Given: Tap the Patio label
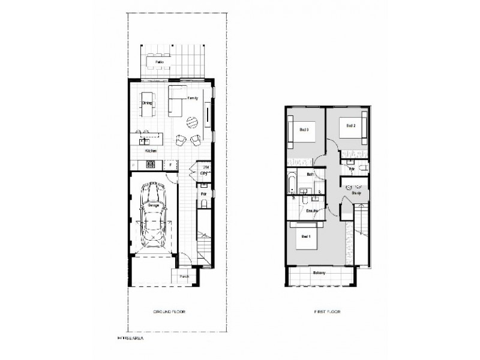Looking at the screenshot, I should tap(159, 62).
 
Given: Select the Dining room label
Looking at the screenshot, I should tap(146, 103).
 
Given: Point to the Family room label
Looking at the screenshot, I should tap(193, 97).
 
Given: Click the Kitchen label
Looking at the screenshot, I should tap(151, 151).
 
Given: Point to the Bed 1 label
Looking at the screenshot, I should tap(305, 237).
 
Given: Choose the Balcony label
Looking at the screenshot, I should tap(319, 274).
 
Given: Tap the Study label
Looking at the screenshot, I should tap(356, 193).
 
